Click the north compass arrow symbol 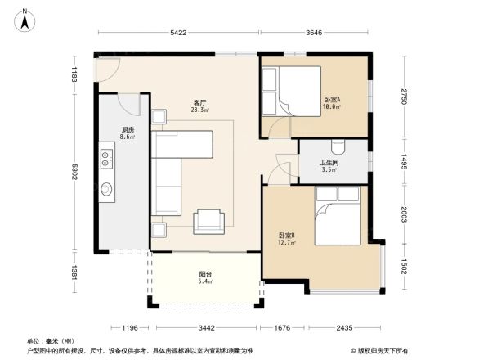[26, 18]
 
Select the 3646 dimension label [320, 33]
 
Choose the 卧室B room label [286, 239]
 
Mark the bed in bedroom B [343, 216]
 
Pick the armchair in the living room [208, 220]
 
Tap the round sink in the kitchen [106, 190]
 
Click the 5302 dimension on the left [74, 172]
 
